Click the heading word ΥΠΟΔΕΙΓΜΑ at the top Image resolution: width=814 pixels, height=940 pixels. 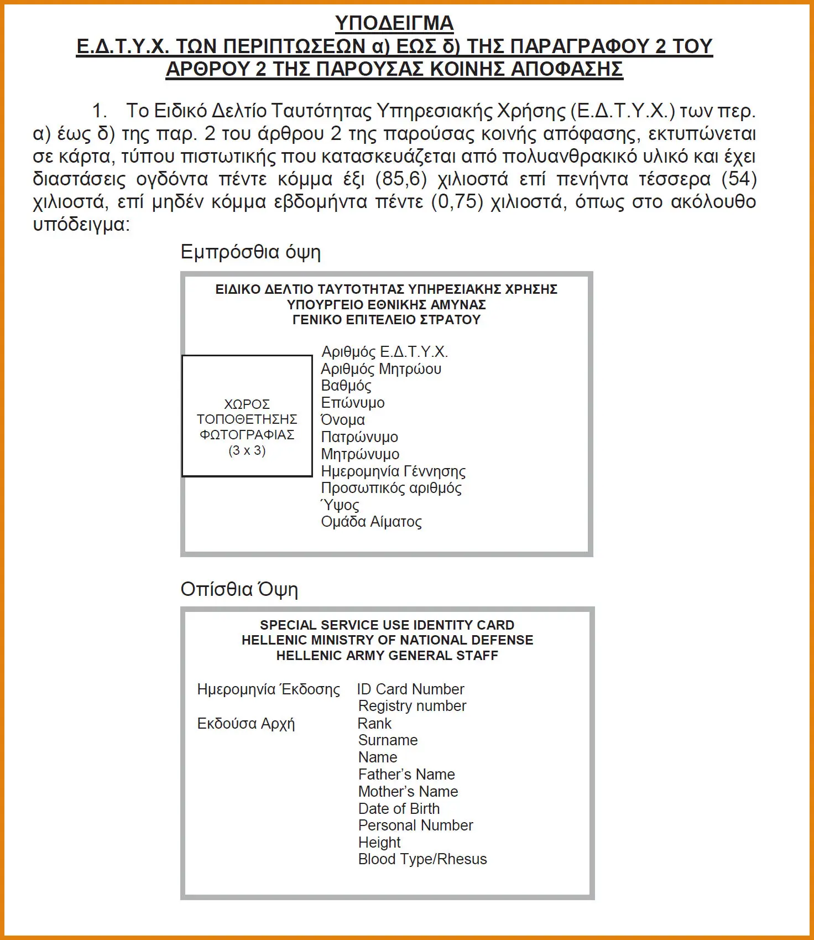pos(394,23)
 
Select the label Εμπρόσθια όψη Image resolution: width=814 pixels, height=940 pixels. pos(251,252)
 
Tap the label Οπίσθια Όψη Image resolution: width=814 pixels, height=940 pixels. pos(239,589)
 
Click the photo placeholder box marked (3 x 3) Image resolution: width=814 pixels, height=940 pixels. pos(247,416)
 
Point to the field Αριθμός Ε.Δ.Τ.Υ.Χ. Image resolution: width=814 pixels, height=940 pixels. pos(384,352)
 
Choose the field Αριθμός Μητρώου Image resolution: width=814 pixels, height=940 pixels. pos(381,369)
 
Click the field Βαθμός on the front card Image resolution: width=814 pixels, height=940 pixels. pos(346,386)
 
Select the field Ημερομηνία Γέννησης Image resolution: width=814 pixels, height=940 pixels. pos(393,471)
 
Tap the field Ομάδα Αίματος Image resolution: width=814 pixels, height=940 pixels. pos(371,522)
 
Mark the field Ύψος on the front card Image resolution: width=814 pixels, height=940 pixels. pos(340,505)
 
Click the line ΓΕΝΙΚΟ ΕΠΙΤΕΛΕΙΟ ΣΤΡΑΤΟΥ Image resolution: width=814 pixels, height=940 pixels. pos(387,320)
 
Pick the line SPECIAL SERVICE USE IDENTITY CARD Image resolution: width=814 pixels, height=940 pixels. pos(387,625)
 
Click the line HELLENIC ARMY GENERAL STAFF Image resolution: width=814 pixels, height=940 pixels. pos(387,656)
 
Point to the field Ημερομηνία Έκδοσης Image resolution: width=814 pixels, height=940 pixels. pos(269,689)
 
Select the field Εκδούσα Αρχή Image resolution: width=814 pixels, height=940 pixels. pos(246,724)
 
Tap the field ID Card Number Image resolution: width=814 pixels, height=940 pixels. pos(410,689)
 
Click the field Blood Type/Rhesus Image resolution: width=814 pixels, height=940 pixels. pos(422,859)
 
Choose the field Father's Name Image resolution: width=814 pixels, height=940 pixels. pos(406,775)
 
